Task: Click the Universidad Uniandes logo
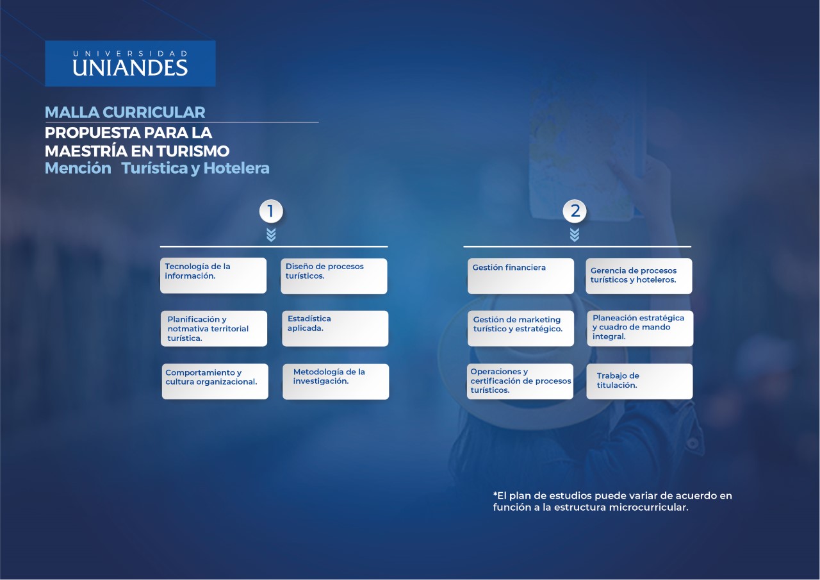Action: click(130, 63)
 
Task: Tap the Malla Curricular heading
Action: click(125, 112)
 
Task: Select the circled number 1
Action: click(271, 211)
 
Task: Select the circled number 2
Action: click(575, 211)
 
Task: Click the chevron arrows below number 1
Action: click(271, 235)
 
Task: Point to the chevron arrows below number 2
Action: click(575, 235)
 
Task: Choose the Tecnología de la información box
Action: click(213, 276)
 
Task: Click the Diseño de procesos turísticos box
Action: click(334, 276)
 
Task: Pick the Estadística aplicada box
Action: click(335, 328)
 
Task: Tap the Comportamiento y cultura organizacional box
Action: click(215, 381)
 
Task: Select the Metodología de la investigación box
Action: click(336, 381)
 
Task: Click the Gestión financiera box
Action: click(521, 276)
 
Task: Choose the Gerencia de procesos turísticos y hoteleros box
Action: click(639, 276)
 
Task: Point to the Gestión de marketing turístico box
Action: click(521, 328)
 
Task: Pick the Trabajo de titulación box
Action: click(639, 381)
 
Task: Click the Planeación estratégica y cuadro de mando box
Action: click(640, 328)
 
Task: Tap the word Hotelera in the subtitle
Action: click(236, 169)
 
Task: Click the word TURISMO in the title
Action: click(193, 151)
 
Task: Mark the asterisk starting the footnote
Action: click(495, 494)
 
